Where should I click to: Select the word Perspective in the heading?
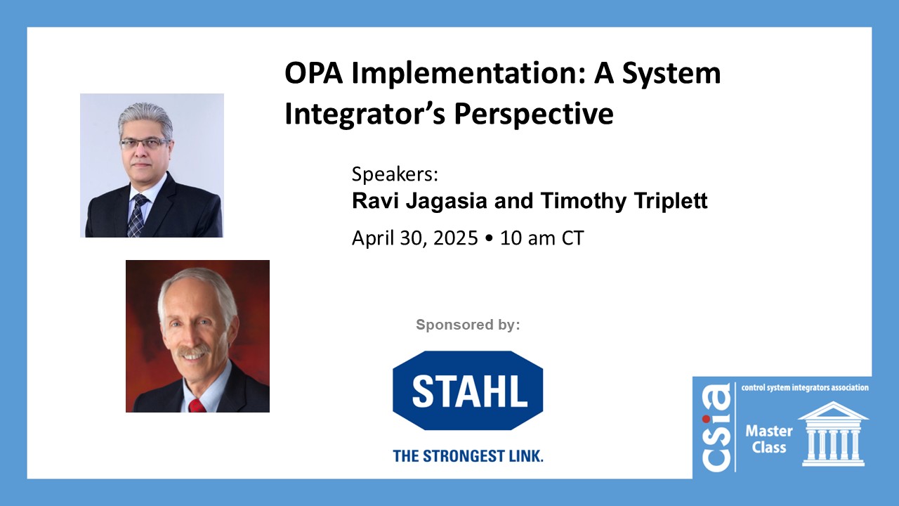click(534, 115)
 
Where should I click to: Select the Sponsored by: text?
click(468, 325)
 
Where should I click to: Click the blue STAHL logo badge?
click(468, 390)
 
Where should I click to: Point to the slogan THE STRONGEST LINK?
click(468, 456)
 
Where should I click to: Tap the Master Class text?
click(768, 439)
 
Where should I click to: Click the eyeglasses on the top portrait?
click(145, 143)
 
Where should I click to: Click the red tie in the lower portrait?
click(197, 406)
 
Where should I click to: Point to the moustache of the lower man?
click(195, 349)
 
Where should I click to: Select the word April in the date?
click(372, 238)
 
